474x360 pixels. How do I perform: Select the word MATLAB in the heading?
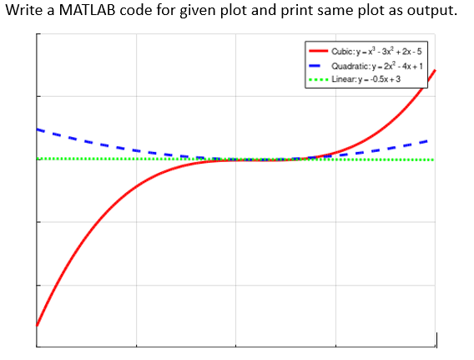[x=88, y=14]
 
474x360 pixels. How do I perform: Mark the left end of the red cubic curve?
[x=38, y=325]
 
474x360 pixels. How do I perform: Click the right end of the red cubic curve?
[x=435, y=71]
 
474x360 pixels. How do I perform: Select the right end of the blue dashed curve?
[x=429, y=140]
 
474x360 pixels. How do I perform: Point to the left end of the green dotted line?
[x=38, y=159]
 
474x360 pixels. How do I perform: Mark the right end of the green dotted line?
[x=432, y=160]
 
